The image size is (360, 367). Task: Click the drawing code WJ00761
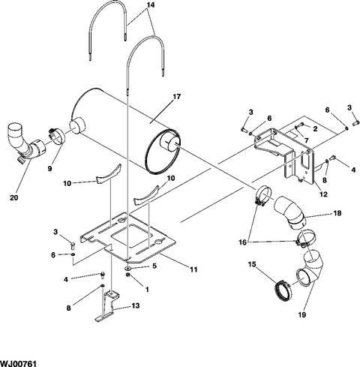(x=19, y=363)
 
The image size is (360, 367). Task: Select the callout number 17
(x=177, y=97)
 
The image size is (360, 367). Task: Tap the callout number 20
(x=14, y=197)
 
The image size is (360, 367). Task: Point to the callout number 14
(x=151, y=5)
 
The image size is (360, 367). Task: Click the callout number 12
(x=323, y=194)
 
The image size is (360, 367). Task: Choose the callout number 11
(x=193, y=269)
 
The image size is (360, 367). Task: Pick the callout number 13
(x=135, y=305)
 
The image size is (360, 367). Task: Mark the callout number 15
(x=252, y=264)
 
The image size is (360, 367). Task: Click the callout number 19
(x=302, y=314)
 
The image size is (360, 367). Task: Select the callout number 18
(x=337, y=213)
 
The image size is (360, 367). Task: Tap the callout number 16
(x=243, y=242)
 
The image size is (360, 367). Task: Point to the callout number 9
(x=49, y=169)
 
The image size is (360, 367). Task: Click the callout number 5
(x=154, y=266)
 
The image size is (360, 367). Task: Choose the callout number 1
(x=147, y=290)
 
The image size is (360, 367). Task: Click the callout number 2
(x=315, y=129)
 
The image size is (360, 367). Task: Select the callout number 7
(x=306, y=140)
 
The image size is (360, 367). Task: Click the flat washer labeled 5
(x=127, y=269)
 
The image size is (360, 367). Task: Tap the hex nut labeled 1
(x=127, y=275)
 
